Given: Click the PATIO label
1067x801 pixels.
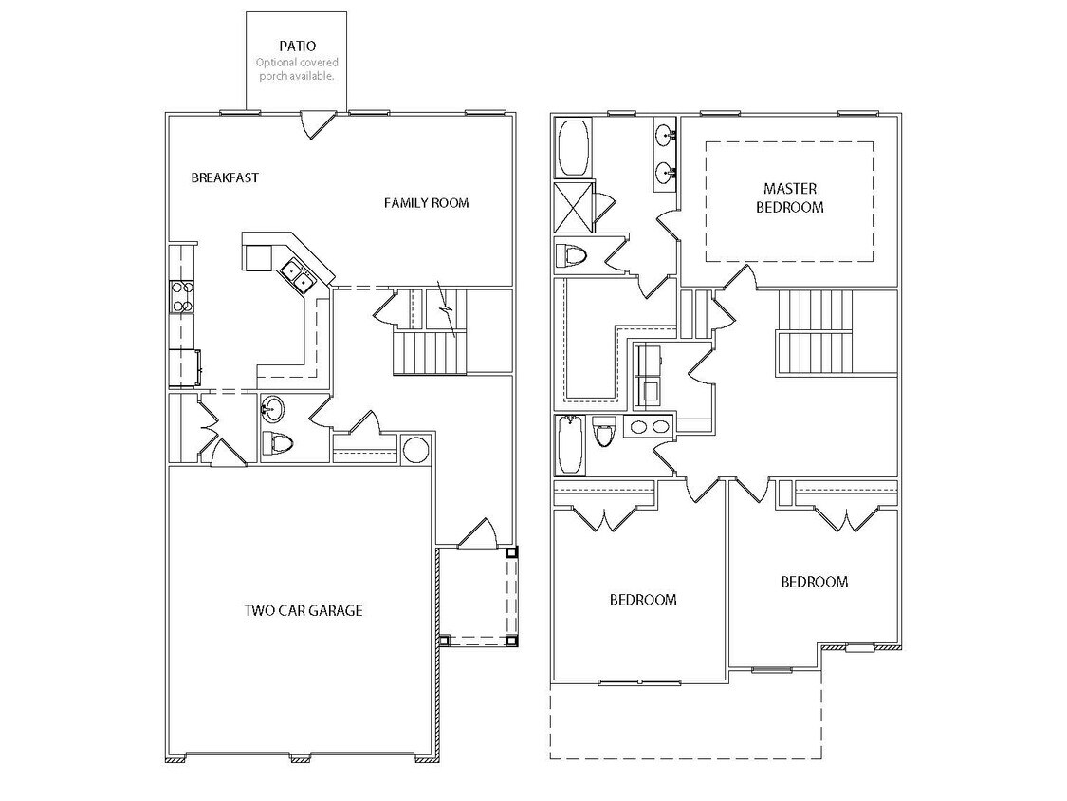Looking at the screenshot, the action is [x=298, y=47].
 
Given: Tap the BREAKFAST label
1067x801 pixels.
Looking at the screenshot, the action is [x=225, y=177].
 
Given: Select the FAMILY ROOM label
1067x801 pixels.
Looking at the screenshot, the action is [x=426, y=203].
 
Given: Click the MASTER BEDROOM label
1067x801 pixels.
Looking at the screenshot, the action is [x=790, y=197].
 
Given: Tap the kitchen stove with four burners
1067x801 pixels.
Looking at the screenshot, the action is [x=182, y=297].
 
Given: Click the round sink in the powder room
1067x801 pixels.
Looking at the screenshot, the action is [x=273, y=409].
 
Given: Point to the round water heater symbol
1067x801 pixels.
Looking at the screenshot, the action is [x=415, y=450].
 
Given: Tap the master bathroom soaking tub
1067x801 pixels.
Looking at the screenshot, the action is [x=574, y=148].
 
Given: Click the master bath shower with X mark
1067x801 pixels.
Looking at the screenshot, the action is [x=575, y=207].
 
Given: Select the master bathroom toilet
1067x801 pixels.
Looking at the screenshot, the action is [x=572, y=255].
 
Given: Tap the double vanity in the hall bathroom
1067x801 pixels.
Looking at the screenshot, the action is [x=650, y=427].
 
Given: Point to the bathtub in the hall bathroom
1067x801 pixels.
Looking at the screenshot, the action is [x=570, y=445].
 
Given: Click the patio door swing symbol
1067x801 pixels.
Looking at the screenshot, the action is [x=318, y=124].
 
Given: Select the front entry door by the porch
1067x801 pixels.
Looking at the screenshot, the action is [x=477, y=533].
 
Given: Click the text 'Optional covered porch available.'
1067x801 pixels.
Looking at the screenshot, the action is [x=298, y=69].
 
